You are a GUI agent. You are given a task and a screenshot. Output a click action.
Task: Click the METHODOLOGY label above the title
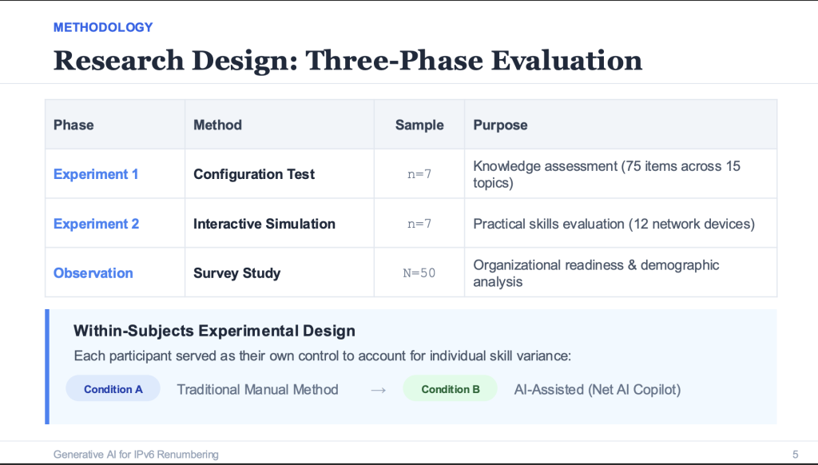[x=103, y=27]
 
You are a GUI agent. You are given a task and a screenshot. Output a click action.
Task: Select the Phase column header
[x=73, y=125]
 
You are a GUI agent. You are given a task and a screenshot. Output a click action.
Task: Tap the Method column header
[x=217, y=125]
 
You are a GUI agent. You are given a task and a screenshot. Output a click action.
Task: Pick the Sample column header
[x=419, y=125]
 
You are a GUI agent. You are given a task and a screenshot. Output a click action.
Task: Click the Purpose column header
[x=500, y=125]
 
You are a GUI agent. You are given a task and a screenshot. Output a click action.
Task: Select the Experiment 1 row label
[x=96, y=174]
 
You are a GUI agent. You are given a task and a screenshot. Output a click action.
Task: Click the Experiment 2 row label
[x=96, y=224]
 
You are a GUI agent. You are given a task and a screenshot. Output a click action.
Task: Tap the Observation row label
[x=93, y=273]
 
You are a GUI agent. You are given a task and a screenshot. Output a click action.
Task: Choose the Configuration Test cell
[x=254, y=174]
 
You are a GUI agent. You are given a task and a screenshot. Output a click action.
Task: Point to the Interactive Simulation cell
[x=264, y=224]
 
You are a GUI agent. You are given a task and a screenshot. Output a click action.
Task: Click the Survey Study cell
[x=237, y=273]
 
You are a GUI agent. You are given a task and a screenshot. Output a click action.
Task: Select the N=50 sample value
[x=419, y=273]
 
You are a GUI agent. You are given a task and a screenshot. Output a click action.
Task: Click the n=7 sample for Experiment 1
[x=419, y=174]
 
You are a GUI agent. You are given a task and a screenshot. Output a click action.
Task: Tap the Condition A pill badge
[x=113, y=389]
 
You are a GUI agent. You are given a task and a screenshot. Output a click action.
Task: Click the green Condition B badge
[x=451, y=389]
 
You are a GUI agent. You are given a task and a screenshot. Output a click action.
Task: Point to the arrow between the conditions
[x=379, y=390]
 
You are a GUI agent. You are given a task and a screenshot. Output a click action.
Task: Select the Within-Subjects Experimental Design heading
[x=214, y=331]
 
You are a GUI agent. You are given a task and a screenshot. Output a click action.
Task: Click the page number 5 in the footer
[x=795, y=454]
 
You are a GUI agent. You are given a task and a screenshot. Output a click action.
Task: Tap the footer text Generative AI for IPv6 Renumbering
[x=136, y=454]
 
